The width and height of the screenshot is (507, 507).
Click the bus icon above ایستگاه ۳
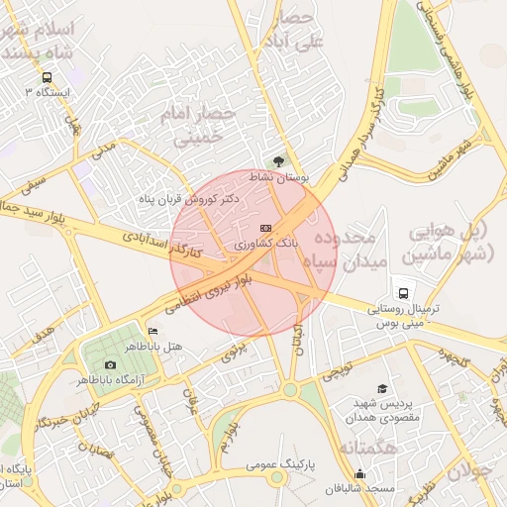pos(47,77)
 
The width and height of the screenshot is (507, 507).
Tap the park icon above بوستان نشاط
pos(279,161)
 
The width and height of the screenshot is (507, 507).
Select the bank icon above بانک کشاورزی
pos(264,228)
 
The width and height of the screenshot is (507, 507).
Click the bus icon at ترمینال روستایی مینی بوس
pos(403,293)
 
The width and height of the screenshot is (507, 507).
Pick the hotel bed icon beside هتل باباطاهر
pos(152,331)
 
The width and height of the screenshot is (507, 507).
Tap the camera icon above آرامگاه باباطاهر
pos(110,365)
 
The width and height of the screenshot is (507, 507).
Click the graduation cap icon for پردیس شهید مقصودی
pos(382,389)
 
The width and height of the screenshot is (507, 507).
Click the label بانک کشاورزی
pos(264,242)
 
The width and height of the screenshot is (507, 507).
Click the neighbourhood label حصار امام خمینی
pos(204,127)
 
